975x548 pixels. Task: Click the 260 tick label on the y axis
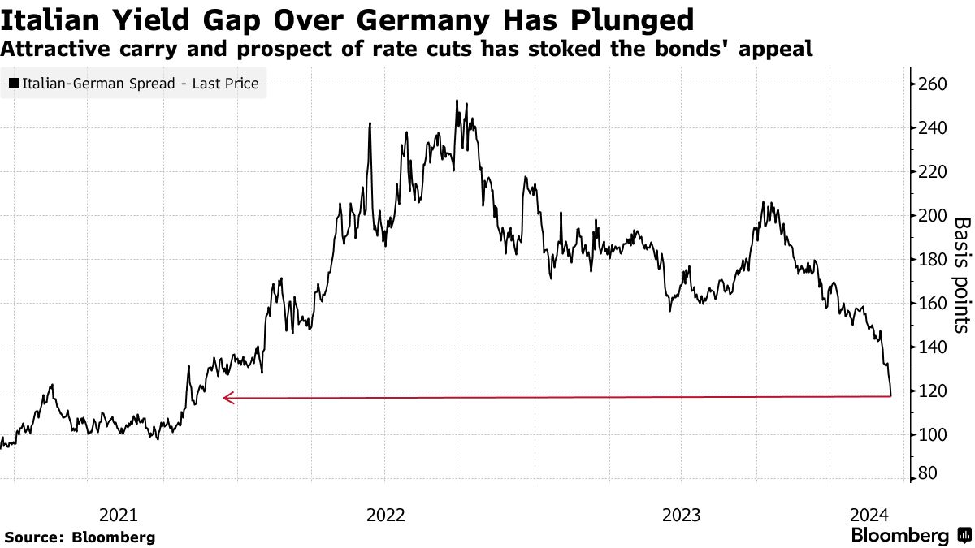934,84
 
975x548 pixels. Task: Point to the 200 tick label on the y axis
934,215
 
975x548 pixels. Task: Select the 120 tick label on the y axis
934,391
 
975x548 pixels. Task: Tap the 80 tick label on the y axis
929,474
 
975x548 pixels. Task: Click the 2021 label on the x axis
119,515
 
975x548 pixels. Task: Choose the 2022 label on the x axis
386,515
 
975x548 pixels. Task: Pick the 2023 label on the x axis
682,515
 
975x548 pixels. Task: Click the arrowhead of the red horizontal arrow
227,397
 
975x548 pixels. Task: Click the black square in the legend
14,83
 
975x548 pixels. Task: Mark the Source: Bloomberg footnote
80,537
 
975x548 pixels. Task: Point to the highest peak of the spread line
457,101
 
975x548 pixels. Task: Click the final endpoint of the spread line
891,395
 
